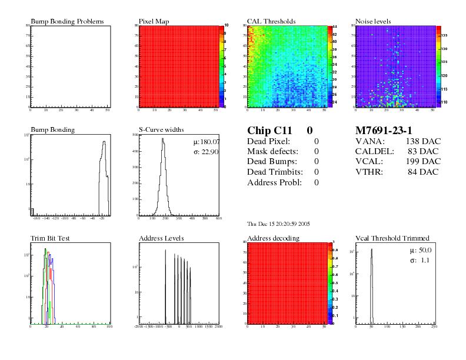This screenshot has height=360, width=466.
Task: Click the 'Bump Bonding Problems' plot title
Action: click(x=67, y=22)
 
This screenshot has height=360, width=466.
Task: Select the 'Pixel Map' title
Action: click(x=154, y=22)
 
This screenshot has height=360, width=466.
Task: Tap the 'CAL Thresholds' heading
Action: click(x=271, y=22)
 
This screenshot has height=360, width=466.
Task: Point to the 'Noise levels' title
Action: click(x=373, y=22)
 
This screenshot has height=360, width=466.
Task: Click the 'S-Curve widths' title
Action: click(x=161, y=130)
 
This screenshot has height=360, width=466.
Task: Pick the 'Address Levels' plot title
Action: click(x=161, y=238)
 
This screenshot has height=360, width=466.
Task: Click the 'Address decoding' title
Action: click(x=273, y=238)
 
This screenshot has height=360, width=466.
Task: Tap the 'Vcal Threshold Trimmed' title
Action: click(x=392, y=238)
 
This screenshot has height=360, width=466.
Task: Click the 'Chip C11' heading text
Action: click(x=268, y=131)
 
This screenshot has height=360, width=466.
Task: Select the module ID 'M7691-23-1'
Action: click(x=384, y=131)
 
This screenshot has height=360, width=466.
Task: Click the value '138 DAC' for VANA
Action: click(x=422, y=142)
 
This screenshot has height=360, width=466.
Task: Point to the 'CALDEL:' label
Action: click(x=373, y=152)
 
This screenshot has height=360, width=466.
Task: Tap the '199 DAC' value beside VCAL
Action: click(x=422, y=162)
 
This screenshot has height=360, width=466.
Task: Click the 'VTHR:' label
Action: click(x=369, y=172)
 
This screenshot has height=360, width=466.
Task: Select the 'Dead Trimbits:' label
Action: click(x=275, y=172)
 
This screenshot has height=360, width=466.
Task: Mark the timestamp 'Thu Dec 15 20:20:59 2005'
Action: click(x=279, y=224)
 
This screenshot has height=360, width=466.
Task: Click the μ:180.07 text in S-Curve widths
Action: click(x=206, y=142)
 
